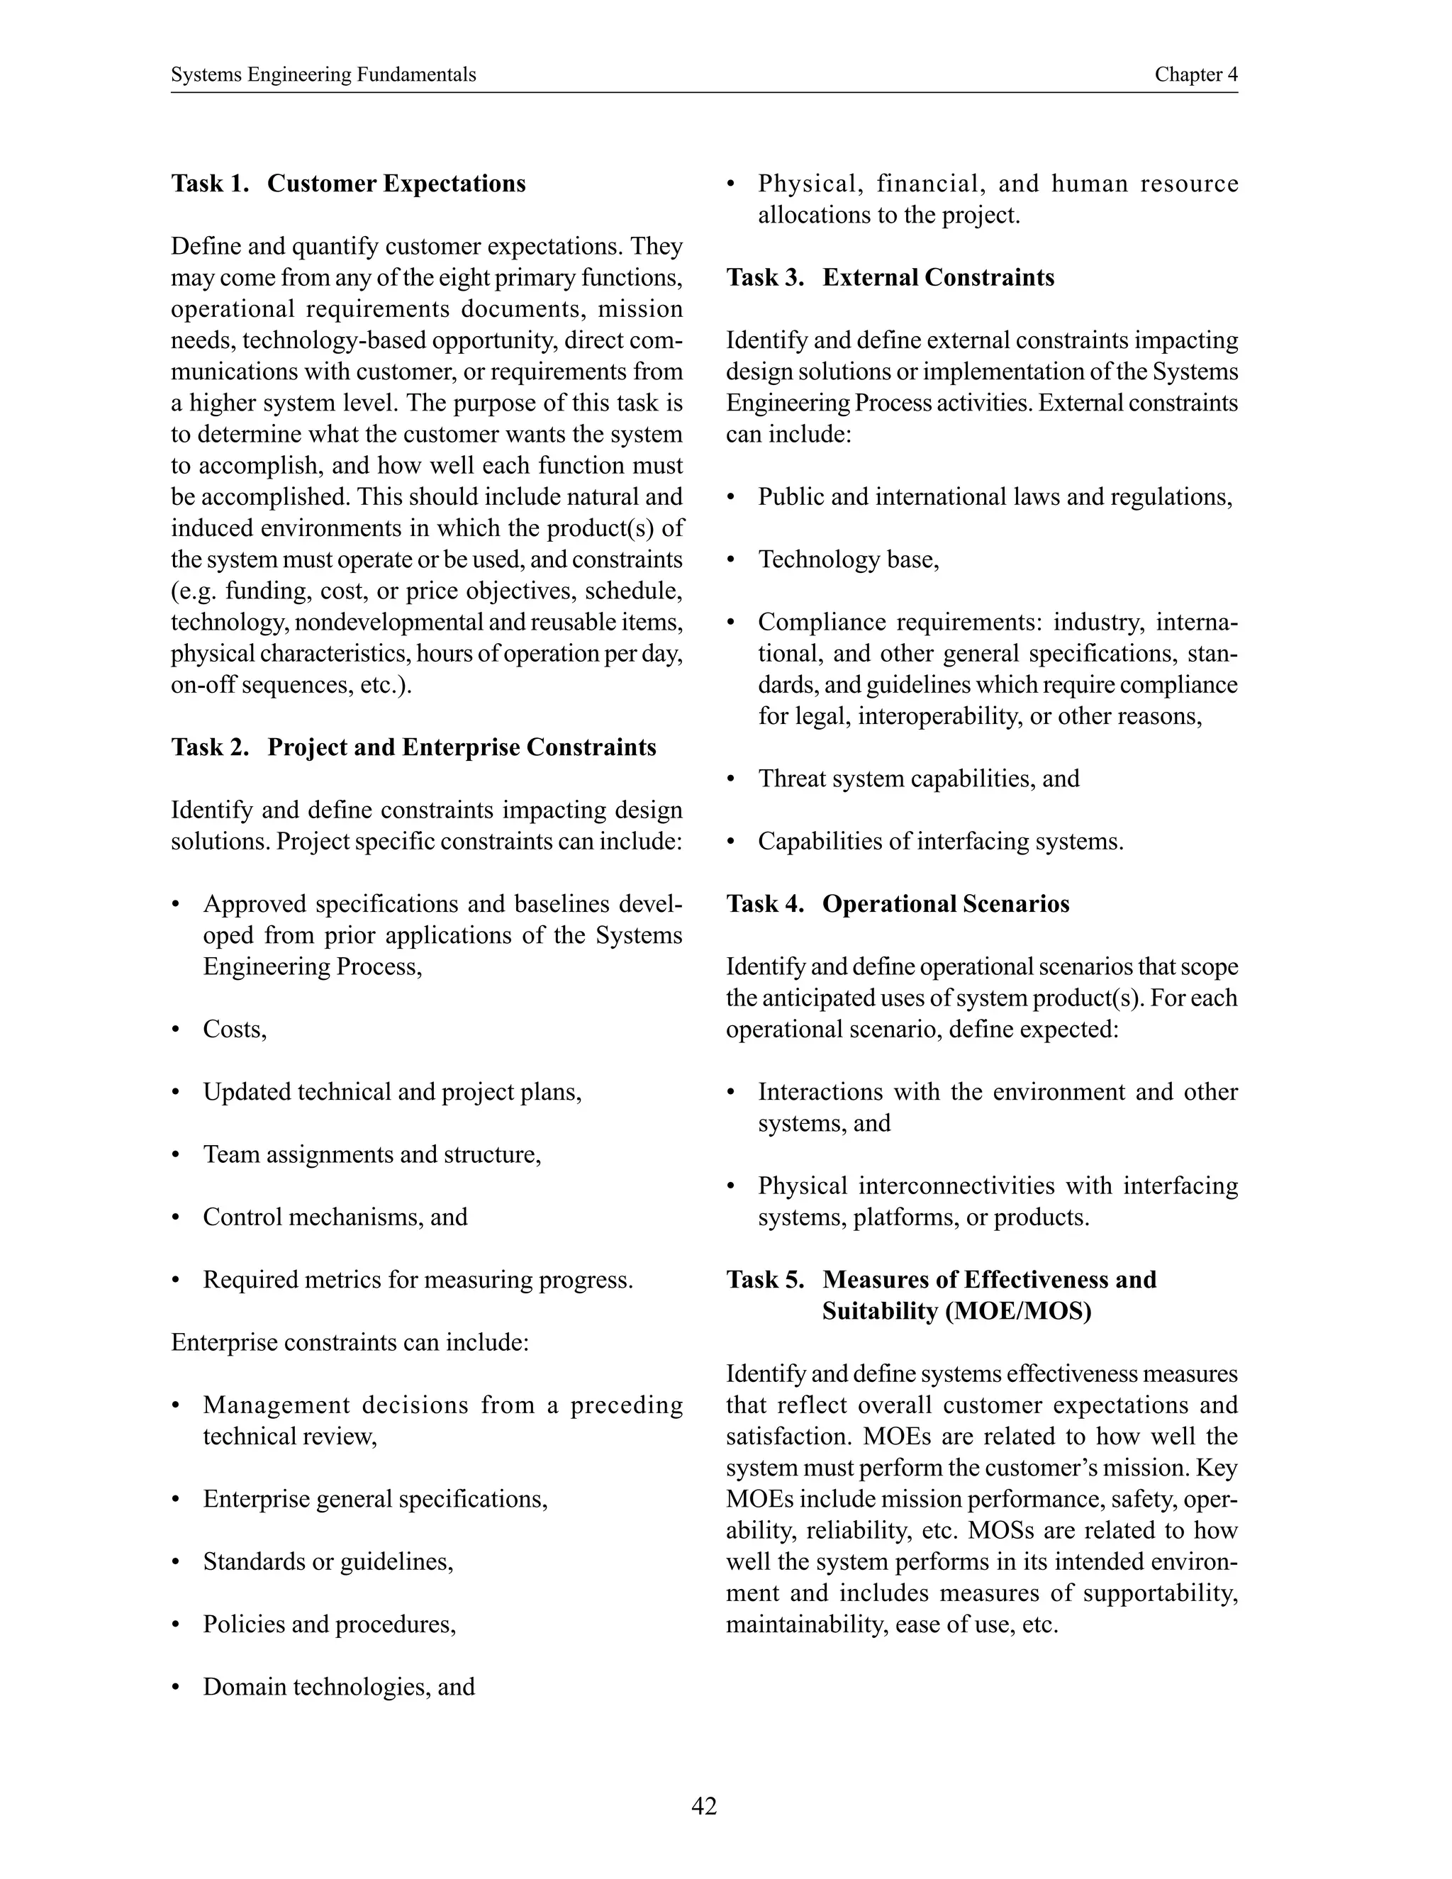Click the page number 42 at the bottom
[703, 1806]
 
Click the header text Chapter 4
[1195, 75]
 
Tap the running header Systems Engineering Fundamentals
[323, 75]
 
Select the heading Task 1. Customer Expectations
[348, 184]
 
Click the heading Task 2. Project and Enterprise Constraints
[413, 747]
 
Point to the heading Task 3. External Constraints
[890, 278]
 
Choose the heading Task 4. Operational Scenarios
[897, 904]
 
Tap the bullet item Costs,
[235, 1030]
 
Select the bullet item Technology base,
[848, 560]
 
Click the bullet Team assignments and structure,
[372, 1154]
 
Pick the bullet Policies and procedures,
[328, 1624]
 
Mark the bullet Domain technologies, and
[339, 1687]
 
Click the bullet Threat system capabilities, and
[918, 779]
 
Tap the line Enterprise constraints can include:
[350, 1342]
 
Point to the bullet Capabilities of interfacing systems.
[940, 842]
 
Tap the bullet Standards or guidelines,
[328, 1561]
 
